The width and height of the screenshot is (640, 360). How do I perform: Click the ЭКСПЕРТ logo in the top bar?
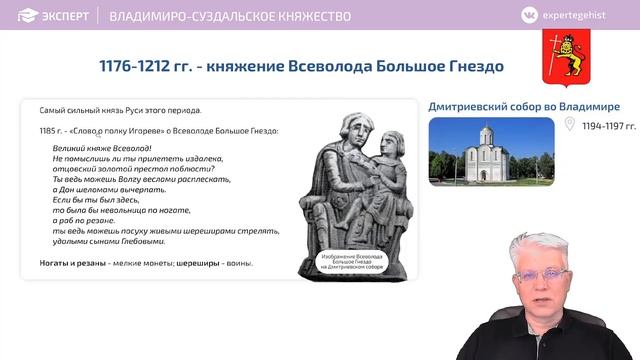tap(50, 16)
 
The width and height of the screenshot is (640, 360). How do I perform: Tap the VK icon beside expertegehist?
tap(529, 16)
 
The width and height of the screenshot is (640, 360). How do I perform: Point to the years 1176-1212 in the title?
tap(140, 66)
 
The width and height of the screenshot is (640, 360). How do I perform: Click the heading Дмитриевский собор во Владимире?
tap(524, 107)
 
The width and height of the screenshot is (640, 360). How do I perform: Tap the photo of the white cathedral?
tap(490, 150)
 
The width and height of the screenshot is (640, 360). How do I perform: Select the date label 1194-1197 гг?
tap(609, 126)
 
